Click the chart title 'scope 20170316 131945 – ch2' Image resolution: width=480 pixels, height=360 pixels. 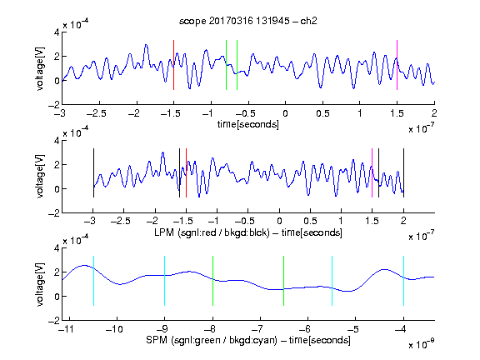248,21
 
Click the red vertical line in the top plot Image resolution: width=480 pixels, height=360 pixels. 173,65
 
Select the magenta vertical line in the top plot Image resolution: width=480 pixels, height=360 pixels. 397,65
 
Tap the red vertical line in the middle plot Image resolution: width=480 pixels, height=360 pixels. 186,173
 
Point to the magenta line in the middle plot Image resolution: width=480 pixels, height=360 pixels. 372,173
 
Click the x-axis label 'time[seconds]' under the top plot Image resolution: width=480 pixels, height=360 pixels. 248,124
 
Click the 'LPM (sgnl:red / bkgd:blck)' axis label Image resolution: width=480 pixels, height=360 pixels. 212,232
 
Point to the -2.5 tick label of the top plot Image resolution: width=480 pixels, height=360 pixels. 97,113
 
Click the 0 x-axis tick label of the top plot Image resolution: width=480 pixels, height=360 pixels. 285,113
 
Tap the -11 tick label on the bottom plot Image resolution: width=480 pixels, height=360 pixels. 67,329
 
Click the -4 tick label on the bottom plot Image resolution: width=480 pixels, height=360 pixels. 400,329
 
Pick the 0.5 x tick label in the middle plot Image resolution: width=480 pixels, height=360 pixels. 310,221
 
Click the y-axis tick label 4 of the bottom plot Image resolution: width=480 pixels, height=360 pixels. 57,248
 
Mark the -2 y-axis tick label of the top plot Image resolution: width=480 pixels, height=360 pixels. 54,105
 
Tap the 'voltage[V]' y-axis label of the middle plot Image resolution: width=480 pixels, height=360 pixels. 40,176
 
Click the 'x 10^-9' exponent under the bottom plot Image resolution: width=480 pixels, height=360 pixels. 422,344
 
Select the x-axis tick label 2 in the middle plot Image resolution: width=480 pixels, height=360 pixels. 403,221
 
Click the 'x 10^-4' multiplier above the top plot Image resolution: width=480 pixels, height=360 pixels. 76,23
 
